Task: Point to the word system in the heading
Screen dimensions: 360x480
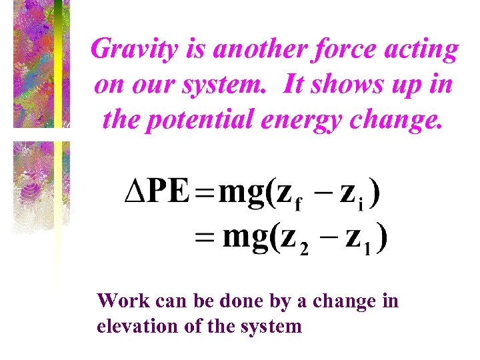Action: pyautogui.click(x=227, y=85)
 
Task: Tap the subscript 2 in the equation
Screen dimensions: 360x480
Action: pyautogui.click(x=304, y=248)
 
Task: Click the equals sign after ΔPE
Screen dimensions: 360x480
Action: pyautogui.click(x=205, y=194)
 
